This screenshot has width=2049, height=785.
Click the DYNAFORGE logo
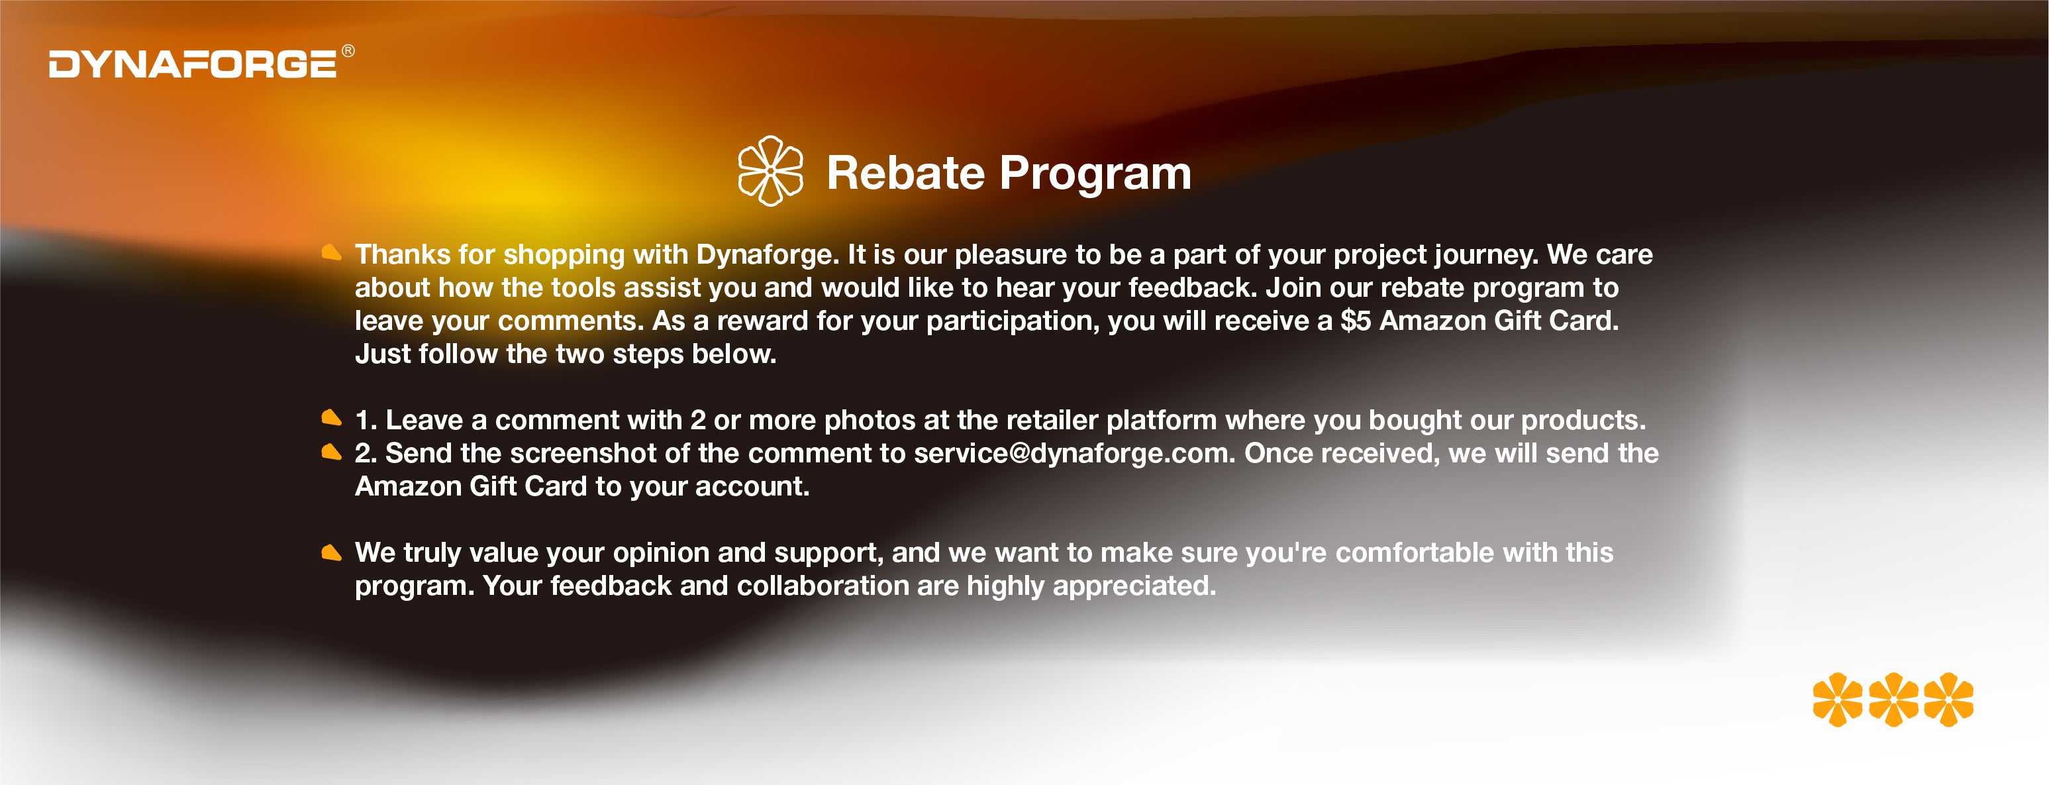[193, 64]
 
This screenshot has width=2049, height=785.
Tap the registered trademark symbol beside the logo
[348, 51]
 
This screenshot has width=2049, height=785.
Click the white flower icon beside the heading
[770, 171]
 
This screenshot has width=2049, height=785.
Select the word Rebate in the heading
[906, 173]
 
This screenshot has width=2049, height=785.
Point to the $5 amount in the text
[1356, 321]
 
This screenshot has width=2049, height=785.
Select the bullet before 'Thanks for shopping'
[331, 253]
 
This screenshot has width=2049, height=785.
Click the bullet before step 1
[331, 417]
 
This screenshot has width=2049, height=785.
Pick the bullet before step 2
[331, 452]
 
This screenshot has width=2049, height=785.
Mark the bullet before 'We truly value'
[331, 552]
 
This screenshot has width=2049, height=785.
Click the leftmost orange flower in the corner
[1838, 700]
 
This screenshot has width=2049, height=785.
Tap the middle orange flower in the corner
[1893, 700]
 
